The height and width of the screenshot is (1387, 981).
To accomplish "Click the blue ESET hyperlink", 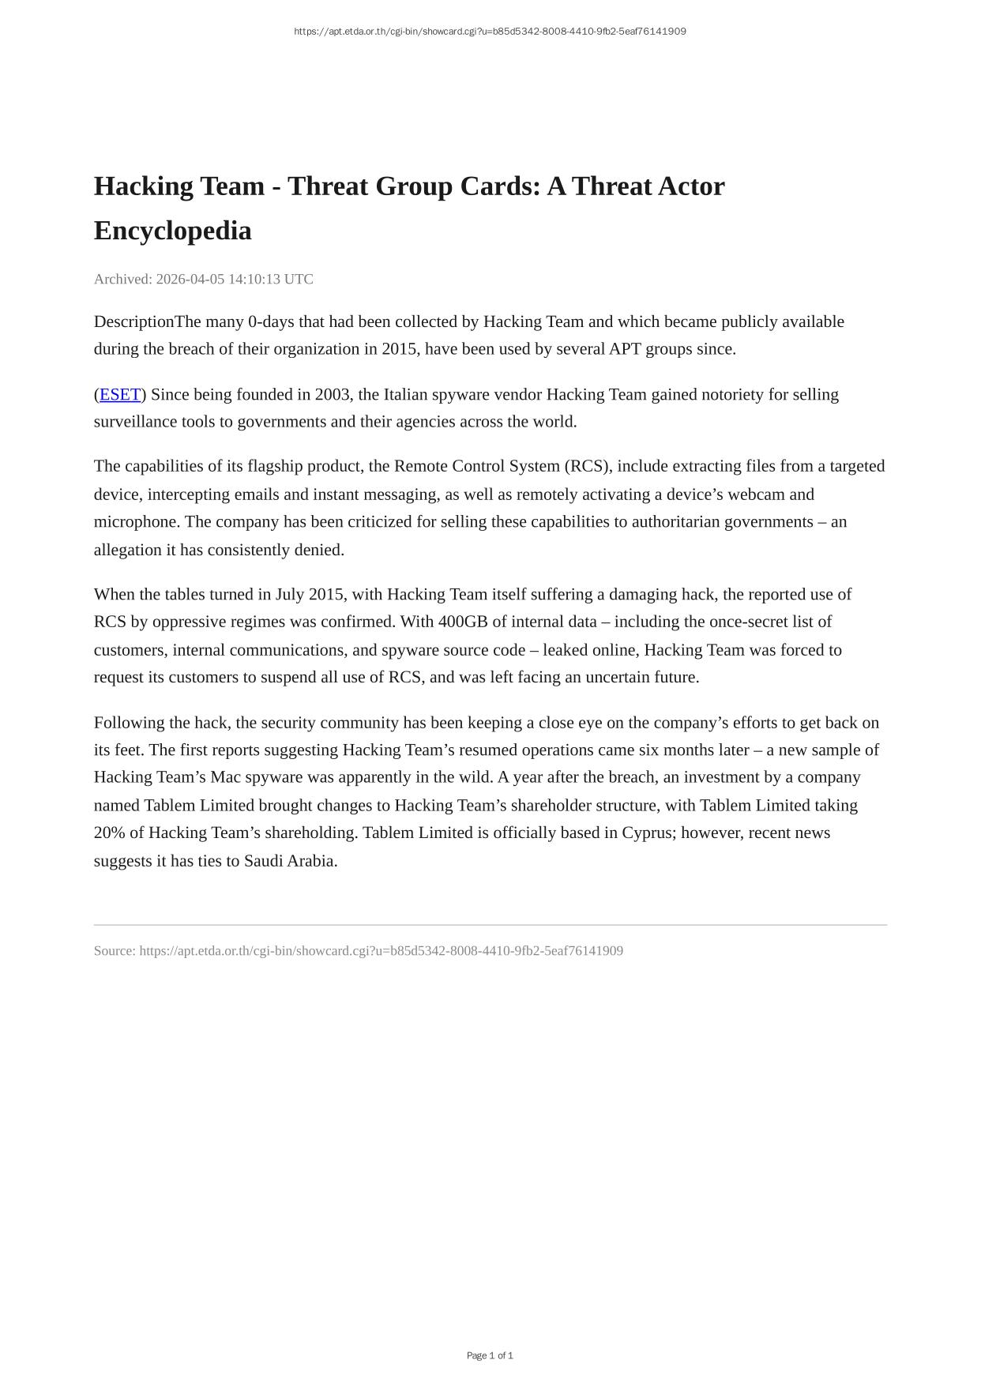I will [119, 394].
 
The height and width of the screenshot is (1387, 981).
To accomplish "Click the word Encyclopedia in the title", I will [172, 231].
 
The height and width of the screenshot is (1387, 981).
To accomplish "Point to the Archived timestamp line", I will [203, 279].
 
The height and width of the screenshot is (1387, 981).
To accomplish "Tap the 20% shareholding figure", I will [108, 833].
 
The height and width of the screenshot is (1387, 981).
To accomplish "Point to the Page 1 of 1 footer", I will [490, 1355].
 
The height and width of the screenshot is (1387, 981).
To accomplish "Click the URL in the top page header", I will [490, 32].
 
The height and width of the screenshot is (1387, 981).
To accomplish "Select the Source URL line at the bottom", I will [358, 951].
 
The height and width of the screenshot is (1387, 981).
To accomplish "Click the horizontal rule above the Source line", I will [490, 924].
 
